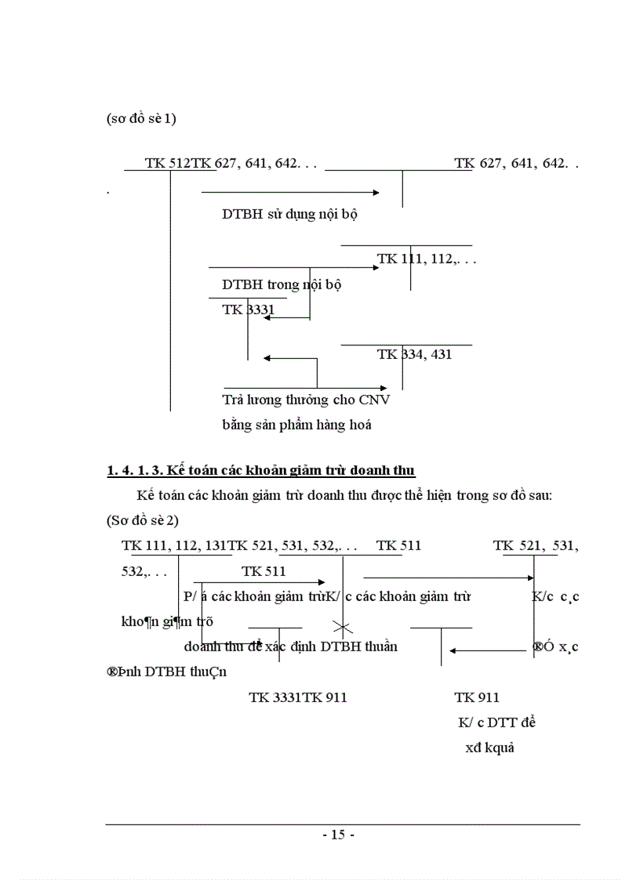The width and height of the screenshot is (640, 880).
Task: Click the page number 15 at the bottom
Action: [339, 835]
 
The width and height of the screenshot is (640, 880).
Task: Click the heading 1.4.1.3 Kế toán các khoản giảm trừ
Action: [260, 470]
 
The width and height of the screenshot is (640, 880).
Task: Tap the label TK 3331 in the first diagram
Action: [248, 310]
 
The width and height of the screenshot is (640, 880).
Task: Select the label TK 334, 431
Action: [414, 354]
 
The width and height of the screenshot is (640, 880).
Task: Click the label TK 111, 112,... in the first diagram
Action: [427, 259]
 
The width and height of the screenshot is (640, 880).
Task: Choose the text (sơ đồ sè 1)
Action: [142, 120]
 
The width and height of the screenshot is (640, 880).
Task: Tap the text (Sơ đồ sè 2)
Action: [143, 520]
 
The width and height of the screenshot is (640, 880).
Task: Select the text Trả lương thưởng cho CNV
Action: [306, 400]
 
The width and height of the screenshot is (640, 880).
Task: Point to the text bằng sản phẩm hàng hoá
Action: [296, 426]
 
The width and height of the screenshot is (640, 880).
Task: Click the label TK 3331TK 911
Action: [298, 697]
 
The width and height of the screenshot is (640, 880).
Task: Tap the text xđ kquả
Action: [489, 748]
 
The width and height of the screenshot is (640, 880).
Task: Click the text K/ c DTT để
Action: [496, 722]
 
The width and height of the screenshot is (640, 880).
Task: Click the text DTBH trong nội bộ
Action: [282, 284]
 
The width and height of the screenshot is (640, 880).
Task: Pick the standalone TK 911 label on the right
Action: [477, 697]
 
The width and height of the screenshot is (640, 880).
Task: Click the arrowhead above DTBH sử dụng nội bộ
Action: [376, 192]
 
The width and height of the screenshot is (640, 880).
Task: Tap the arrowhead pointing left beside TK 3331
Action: [269, 318]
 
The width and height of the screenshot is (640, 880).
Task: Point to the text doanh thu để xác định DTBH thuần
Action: [290, 646]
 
